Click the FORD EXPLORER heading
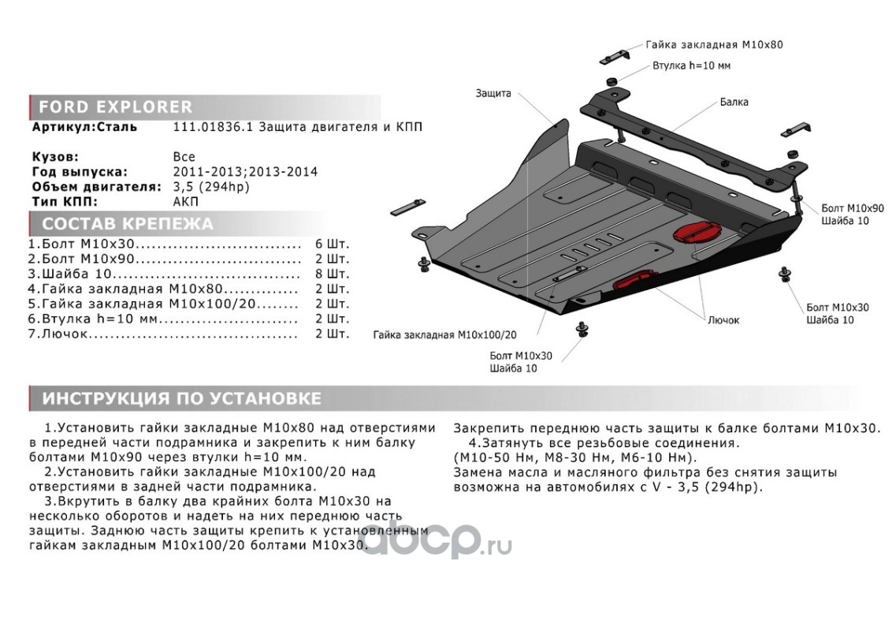[116, 106]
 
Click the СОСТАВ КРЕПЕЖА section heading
[128, 223]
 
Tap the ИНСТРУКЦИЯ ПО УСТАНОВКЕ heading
[182, 398]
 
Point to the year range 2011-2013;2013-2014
[245, 171]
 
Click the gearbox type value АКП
[186, 201]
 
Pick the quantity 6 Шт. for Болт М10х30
[333, 245]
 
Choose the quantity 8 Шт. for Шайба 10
[333, 274]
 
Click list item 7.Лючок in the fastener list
[58, 333]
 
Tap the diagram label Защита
[493, 93]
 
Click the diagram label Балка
[734, 102]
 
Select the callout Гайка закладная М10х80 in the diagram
[714, 44]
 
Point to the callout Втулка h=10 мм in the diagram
[691, 65]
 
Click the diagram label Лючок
[723, 320]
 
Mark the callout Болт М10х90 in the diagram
[852, 208]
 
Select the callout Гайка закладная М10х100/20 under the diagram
[445, 335]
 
